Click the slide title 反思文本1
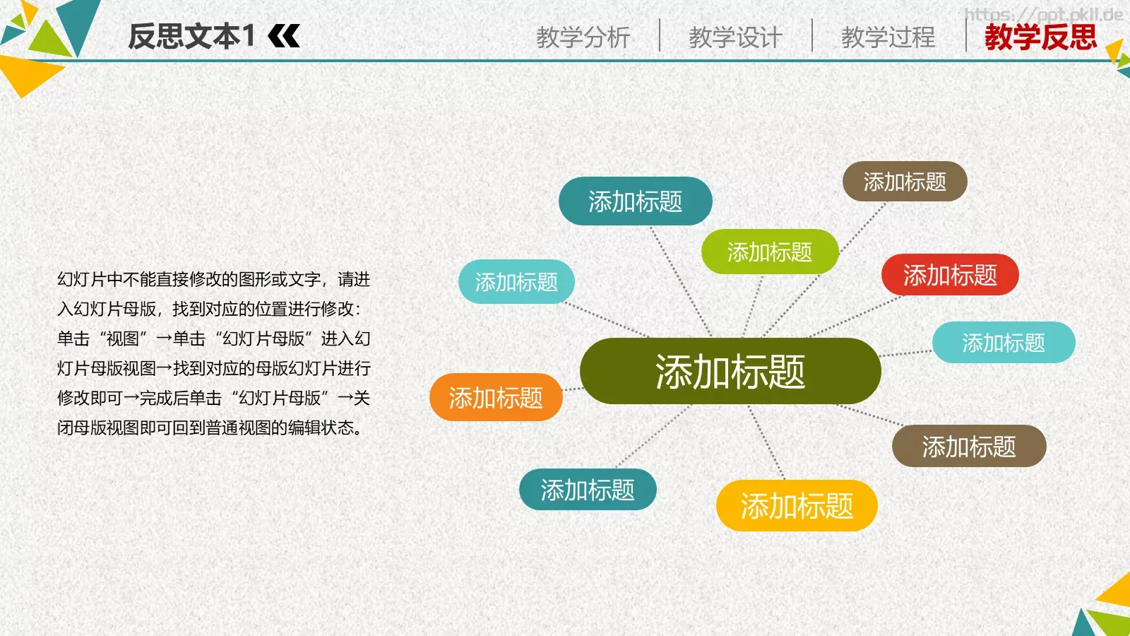191,36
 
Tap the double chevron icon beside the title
285,36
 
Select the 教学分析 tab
583,37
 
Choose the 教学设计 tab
735,37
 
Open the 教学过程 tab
888,37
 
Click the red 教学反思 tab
1040,37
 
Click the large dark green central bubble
730,372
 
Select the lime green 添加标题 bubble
769,252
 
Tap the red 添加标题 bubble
950,275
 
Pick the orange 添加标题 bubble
496,398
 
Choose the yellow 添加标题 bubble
796,506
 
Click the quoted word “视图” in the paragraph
122,339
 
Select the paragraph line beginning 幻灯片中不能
213,280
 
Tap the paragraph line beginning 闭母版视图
210,428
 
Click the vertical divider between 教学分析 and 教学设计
660,35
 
